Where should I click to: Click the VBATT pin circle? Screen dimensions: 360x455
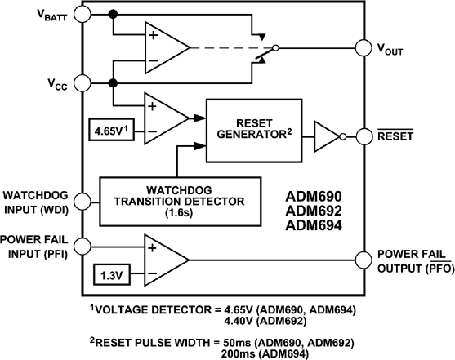(x=83, y=15)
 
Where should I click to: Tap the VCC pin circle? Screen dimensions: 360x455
(x=83, y=82)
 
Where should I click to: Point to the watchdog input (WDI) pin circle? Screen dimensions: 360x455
(x=83, y=201)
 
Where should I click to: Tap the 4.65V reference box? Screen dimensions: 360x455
(x=114, y=130)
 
